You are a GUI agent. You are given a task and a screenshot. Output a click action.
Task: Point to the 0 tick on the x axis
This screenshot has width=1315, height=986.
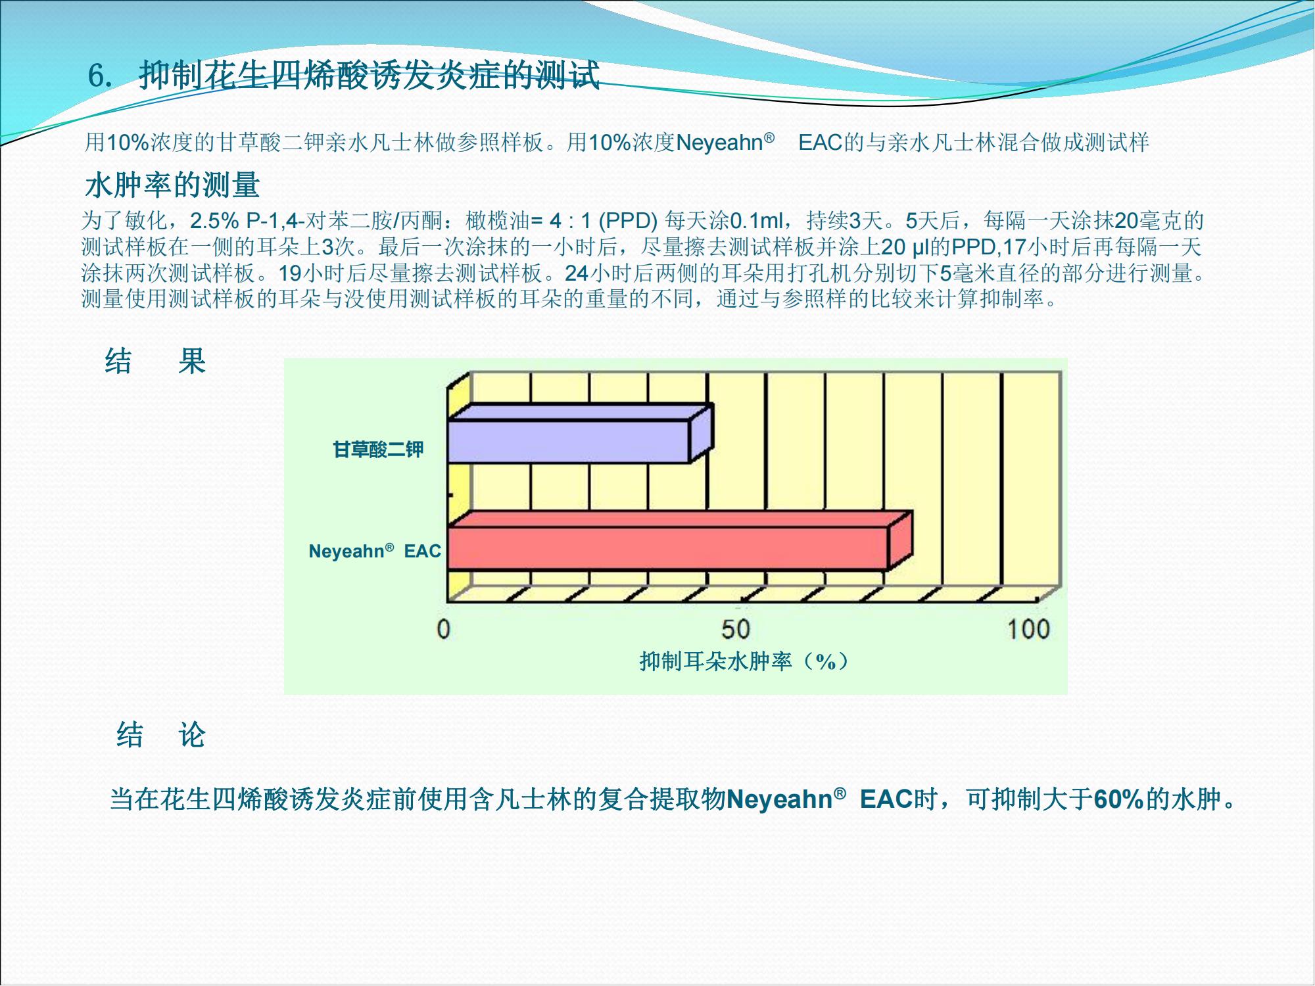[444, 629]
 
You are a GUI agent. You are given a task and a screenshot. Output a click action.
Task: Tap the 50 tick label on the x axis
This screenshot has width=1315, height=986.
[736, 629]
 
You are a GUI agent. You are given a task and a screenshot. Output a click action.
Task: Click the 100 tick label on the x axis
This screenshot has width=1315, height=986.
[1028, 629]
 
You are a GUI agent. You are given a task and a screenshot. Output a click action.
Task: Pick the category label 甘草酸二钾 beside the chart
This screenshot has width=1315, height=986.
[378, 450]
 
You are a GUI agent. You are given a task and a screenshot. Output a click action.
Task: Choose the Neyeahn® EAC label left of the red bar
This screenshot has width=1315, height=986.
[375, 551]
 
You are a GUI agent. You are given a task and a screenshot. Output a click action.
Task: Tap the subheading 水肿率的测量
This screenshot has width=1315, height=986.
[172, 185]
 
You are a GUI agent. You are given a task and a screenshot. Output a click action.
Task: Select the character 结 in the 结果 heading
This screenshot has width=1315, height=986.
[118, 361]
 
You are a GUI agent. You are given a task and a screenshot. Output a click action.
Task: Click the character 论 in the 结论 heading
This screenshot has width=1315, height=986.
[192, 734]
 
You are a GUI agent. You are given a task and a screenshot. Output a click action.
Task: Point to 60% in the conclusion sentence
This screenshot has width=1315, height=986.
[1119, 799]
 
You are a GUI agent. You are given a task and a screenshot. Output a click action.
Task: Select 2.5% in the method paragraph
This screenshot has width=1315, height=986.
[214, 220]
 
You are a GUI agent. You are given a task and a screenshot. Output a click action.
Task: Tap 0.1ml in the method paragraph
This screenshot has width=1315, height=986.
[757, 220]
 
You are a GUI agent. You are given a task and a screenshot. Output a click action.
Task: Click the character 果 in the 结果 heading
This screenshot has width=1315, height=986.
[192, 361]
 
